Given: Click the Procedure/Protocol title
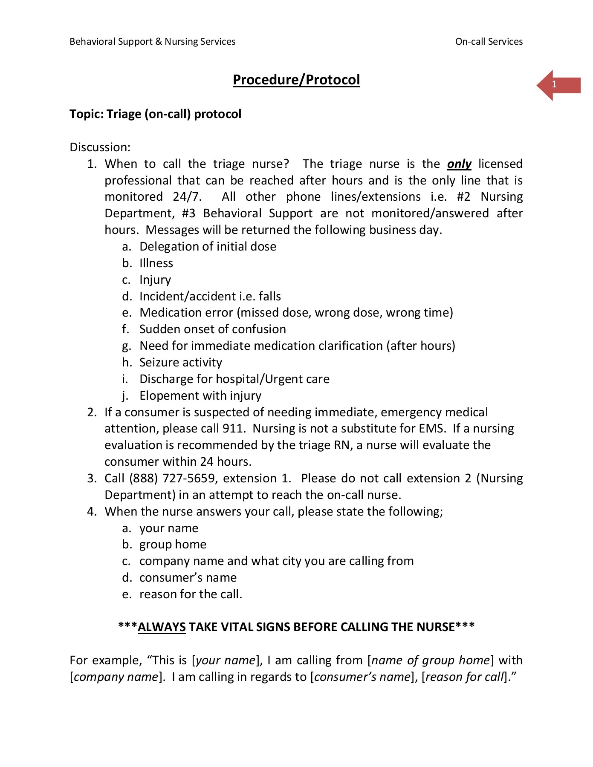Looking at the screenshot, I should coord(296,80).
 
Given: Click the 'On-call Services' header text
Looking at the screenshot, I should coord(489,41).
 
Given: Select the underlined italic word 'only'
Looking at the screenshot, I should coord(459,164).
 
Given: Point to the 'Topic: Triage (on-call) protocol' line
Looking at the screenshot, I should coord(155,114).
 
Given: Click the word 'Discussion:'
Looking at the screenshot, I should coord(100,147).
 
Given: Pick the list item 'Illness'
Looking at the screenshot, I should coord(156,263).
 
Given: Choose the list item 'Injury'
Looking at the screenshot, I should coord(155,280).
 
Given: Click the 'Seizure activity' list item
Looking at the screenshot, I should coord(181,363).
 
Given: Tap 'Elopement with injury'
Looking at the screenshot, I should coord(200,396).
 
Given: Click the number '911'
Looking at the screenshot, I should coord(232,429).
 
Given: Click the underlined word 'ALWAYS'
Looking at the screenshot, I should coord(162,627).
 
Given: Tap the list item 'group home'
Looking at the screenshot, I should coord(173,545).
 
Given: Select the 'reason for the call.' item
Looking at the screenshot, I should coord(191,594).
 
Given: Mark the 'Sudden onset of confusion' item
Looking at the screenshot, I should coord(212,329).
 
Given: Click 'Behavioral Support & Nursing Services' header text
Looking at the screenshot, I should coord(152,41).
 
